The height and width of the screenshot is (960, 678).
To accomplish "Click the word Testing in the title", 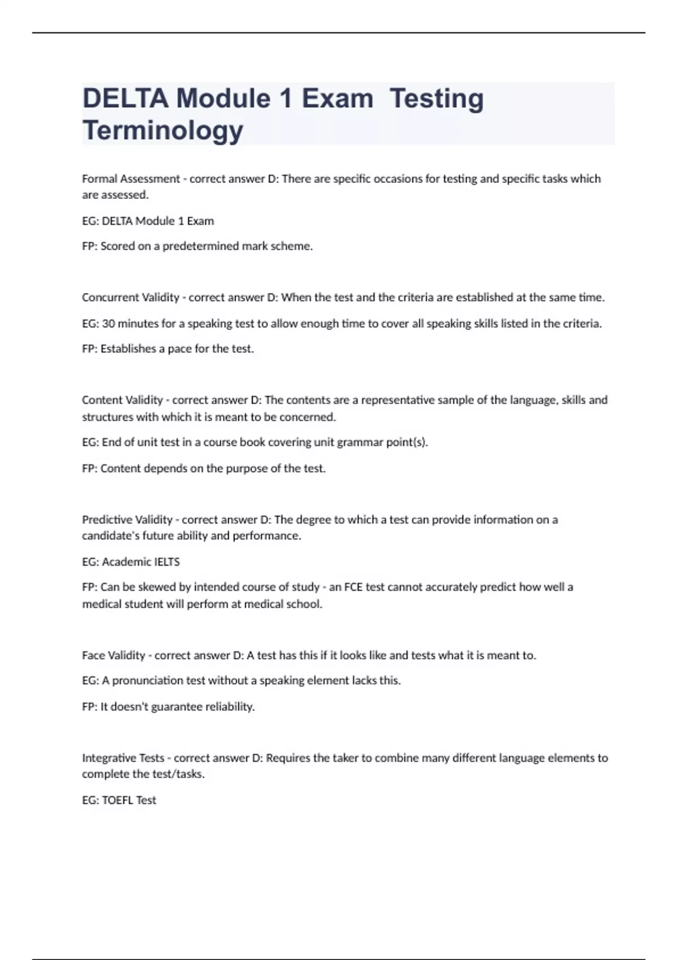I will click(437, 98).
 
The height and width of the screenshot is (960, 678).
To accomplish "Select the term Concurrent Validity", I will click(131, 298).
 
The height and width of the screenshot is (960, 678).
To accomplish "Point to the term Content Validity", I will click(122, 400).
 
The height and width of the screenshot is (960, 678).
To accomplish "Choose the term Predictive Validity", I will click(127, 520).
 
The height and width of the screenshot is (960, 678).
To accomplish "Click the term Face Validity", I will click(114, 656).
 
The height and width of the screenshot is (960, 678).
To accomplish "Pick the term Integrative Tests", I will click(123, 758).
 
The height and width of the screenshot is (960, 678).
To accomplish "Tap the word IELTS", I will click(167, 562).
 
